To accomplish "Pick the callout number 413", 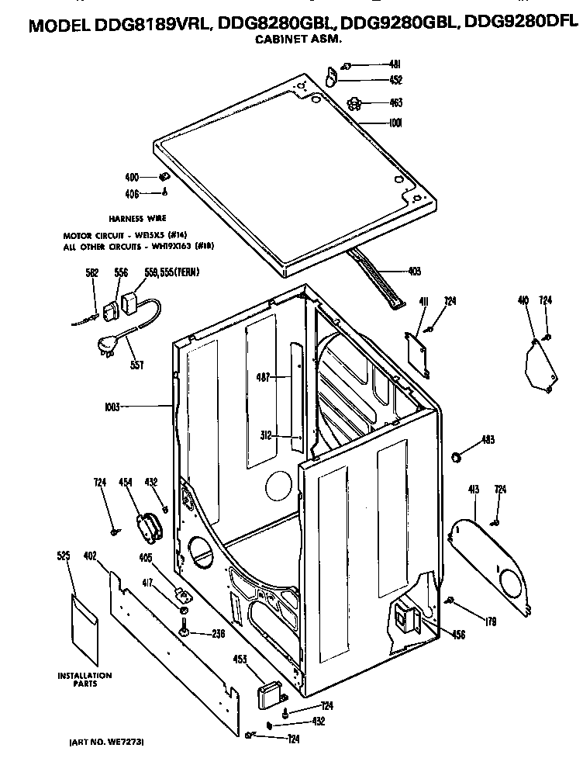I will point(473,489).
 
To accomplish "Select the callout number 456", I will point(459,635).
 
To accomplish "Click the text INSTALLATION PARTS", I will point(85,679).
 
